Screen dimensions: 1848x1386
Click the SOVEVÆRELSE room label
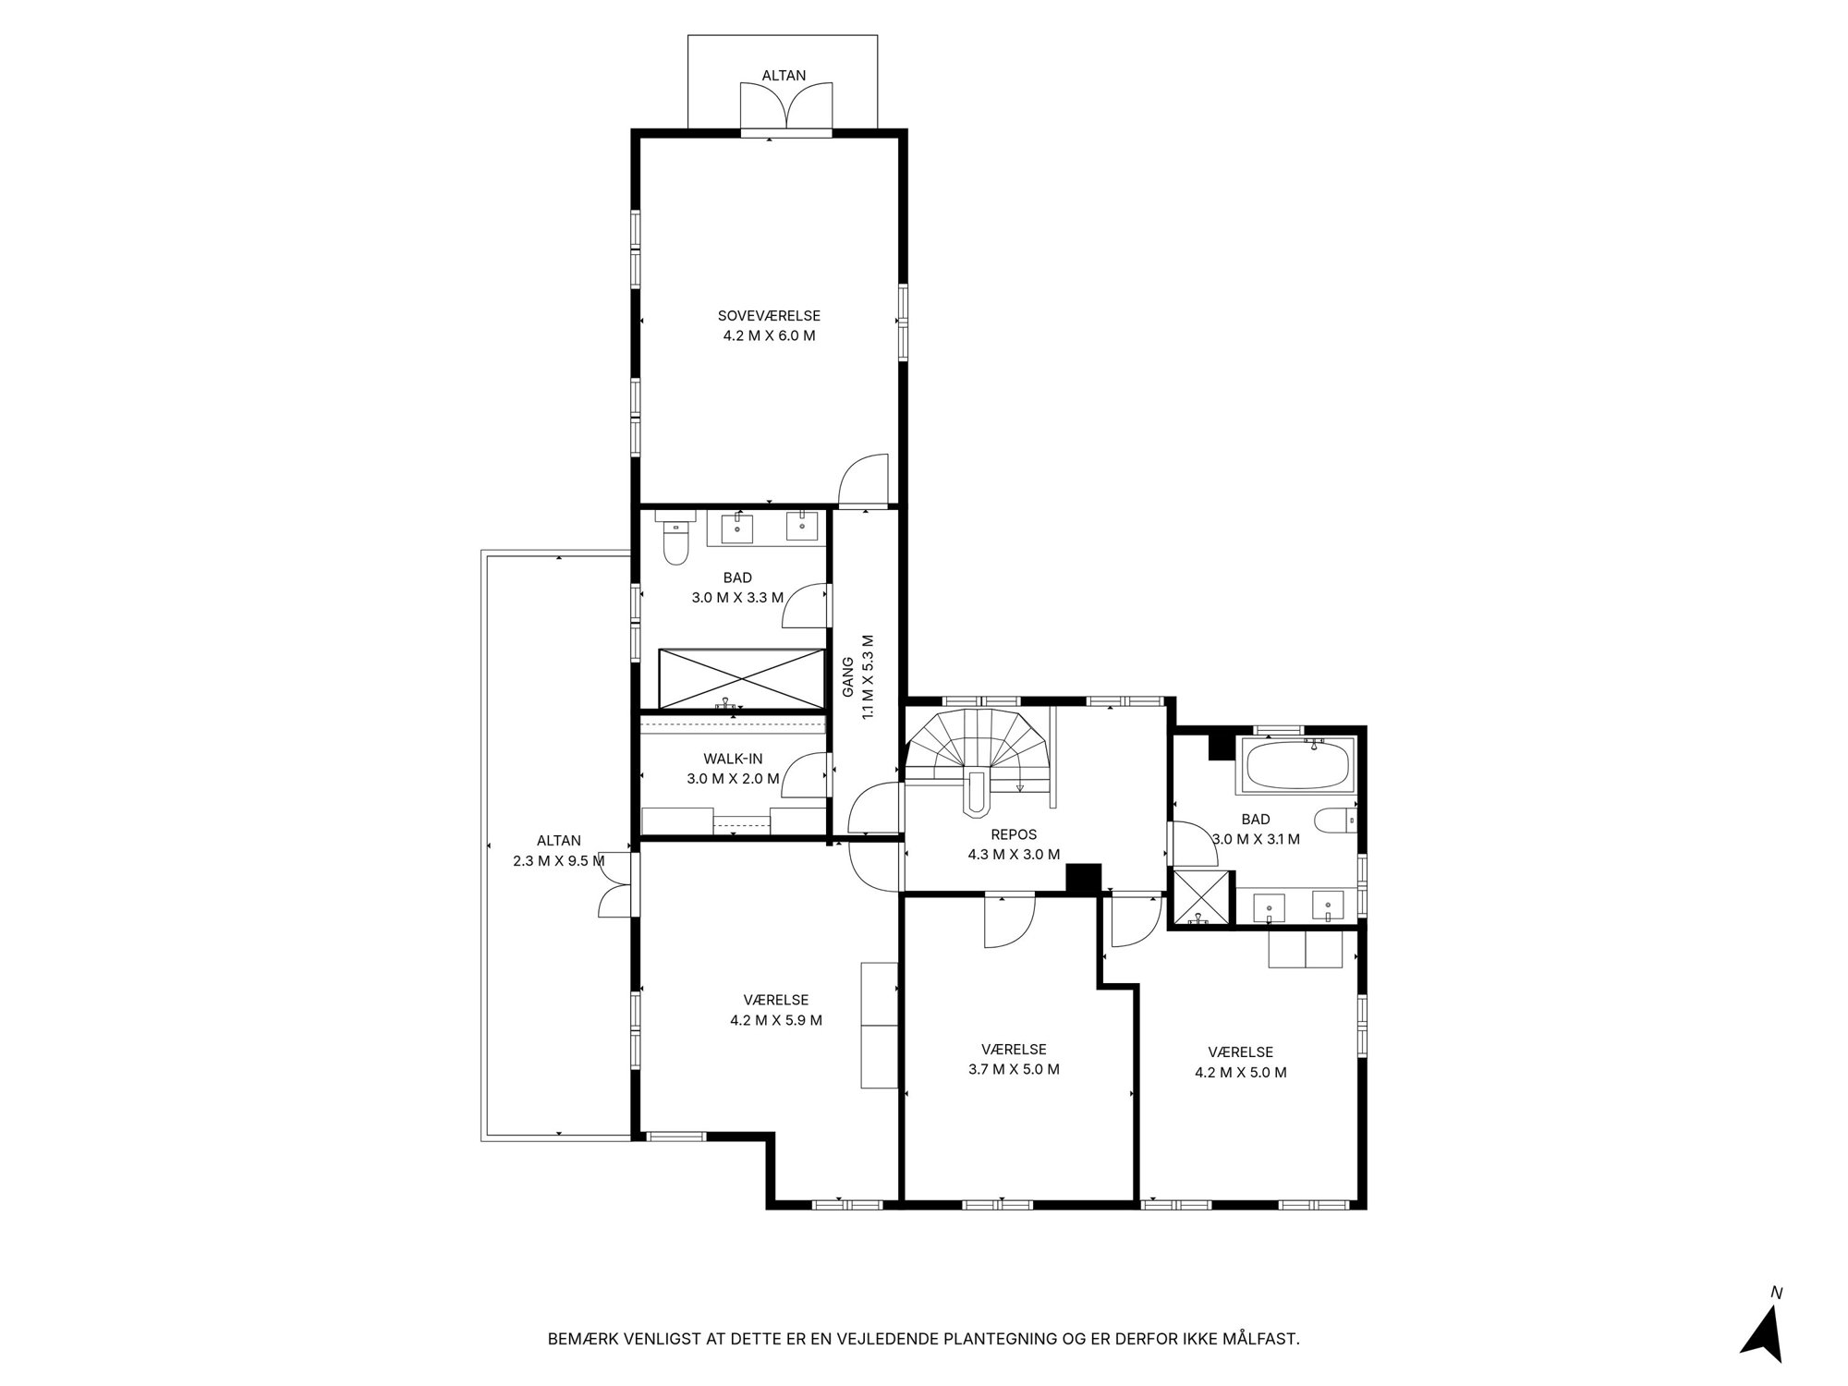pos(769,316)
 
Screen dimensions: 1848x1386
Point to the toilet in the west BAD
pos(675,541)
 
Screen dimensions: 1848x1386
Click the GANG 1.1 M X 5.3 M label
pos(857,677)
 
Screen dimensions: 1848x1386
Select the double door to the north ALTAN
pos(785,106)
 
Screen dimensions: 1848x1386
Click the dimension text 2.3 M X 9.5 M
pos(559,861)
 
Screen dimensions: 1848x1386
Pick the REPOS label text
pos(1014,834)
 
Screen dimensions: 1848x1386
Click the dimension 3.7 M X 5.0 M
pos(1014,1069)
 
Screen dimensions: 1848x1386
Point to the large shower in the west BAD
pos(741,679)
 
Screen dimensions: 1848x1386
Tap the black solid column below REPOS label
pos(1084,878)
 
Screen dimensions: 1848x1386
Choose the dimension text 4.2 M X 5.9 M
pos(776,1020)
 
